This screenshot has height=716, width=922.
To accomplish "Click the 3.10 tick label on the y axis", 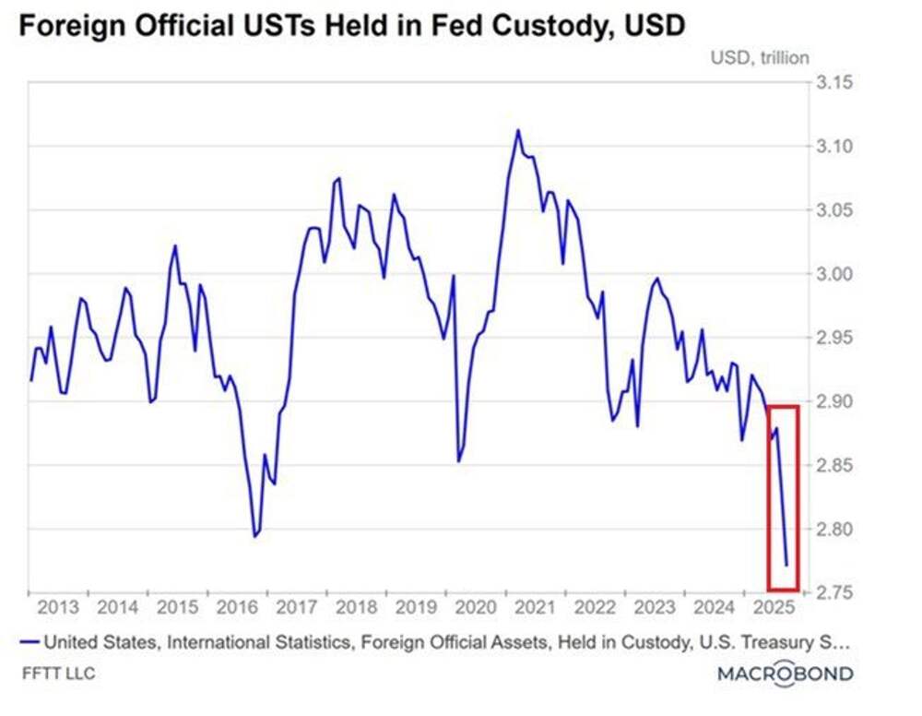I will click(834, 147).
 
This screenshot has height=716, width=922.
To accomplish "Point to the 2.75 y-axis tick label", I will click(834, 592).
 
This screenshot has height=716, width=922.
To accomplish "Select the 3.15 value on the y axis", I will click(834, 83).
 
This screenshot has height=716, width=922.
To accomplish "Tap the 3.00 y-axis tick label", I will click(834, 274).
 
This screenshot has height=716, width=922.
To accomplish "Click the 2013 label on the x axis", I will click(57, 608).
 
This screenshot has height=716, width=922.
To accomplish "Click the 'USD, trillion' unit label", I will click(759, 57).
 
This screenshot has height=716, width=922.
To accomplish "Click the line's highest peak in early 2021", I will click(518, 130).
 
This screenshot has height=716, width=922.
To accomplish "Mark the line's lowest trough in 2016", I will click(255, 536).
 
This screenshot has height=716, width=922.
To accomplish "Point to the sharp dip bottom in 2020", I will click(458, 461).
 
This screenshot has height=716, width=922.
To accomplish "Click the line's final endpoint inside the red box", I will click(786, 565).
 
